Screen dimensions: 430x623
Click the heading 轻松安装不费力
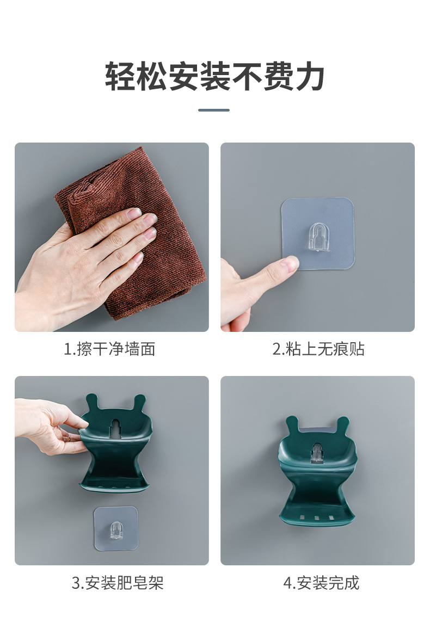pos(214,76)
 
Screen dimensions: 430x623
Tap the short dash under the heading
pos(214,110)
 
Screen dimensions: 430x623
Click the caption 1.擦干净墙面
pos(110,349)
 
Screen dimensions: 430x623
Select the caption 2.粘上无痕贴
pos(318,349)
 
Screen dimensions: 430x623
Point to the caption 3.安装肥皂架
pos(118,583)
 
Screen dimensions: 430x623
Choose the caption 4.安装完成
pos(321,583)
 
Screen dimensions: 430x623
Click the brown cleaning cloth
pos(135,235)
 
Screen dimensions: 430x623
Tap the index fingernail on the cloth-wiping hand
pos(134,214)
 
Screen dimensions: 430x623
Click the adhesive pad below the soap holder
pos(115,528)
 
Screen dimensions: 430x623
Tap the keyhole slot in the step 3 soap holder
pos(115,428)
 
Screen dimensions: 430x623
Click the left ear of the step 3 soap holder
pos(92,401)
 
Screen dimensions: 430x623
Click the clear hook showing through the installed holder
pos(317,453)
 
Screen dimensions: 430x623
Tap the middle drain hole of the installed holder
pos(317,517)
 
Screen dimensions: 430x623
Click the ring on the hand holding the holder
pos(69,439)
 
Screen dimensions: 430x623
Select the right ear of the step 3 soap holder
pos(139,402)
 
